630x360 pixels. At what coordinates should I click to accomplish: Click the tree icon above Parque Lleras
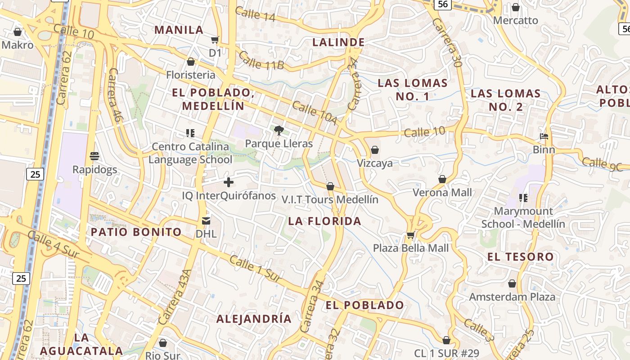(279, 130)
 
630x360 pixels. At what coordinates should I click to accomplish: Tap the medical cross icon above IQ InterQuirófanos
(229, 182)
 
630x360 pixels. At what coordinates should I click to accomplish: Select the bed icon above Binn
(544, 136)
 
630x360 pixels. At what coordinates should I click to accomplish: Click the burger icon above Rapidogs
(94, 156)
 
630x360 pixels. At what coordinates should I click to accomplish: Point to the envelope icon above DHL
(206, 221)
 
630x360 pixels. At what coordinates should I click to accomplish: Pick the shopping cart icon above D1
(215, 40)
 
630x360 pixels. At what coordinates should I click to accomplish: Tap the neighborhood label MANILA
(179, 30)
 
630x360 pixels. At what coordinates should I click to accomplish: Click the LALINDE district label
(338, 42)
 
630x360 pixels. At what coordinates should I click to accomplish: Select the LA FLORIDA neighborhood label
(324, 221)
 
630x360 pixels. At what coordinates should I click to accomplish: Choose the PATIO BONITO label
(136, 232)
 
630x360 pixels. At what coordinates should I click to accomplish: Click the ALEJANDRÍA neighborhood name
(254, 319)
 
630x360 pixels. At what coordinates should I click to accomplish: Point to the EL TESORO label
(521, 257)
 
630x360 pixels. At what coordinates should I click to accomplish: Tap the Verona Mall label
(442, 193)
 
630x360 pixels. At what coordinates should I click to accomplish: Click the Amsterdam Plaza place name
(512, 297)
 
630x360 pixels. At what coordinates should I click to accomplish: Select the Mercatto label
(516, 21)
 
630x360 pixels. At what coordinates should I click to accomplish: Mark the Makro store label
(18, 45)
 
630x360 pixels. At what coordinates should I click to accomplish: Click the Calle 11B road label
(261, 61)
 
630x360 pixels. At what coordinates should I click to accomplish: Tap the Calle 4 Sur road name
(53, 246)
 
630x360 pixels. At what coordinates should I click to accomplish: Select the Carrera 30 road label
(447, 43)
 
